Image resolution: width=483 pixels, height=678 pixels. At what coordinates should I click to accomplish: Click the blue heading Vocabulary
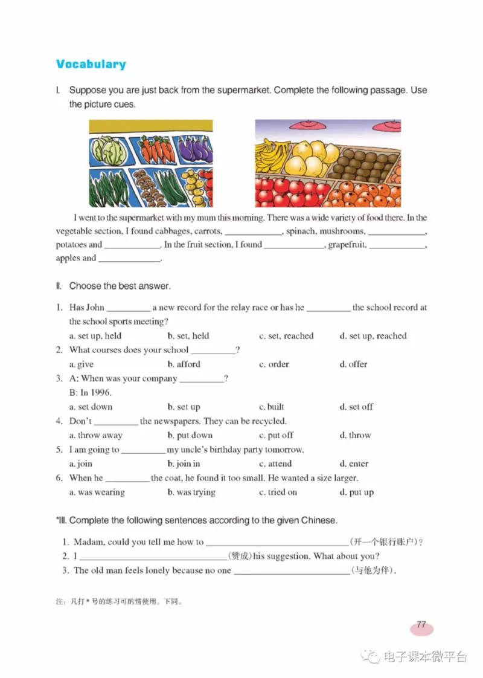tap(91, 64)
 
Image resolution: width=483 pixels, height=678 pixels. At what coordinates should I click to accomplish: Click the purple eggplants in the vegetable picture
tap(193, 149)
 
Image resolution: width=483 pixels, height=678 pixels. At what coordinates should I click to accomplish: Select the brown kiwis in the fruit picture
tap(362, 163)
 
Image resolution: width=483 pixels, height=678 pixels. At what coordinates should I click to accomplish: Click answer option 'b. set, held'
tap(188, 336)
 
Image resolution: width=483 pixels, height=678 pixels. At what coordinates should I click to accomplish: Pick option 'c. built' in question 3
tap(272, 407)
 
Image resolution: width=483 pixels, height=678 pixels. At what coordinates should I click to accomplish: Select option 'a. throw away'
tap(96, 436)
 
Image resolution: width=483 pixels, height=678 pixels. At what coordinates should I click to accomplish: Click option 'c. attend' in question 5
tap(275, 464)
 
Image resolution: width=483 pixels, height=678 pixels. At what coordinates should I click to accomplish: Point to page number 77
tap(421, 625)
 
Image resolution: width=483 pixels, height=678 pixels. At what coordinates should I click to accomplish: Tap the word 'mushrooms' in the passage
tap(342, 231)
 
